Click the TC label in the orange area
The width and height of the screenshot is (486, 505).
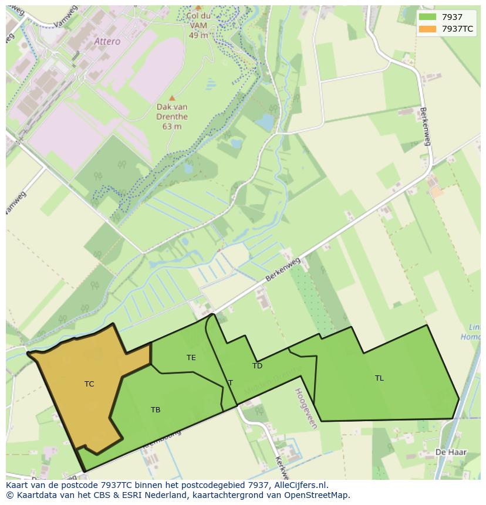(89, 384)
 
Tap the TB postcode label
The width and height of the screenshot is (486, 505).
(156, 410)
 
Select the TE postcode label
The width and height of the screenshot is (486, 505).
(191, 357)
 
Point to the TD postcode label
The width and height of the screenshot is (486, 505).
(257, 366)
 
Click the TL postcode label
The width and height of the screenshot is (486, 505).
(379, 378)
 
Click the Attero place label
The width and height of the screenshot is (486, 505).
(107, 42)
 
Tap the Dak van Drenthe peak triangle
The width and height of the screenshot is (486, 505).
(172, 98)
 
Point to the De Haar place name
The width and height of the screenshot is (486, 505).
(446, 452)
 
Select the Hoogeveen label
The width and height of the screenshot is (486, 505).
(306, 408)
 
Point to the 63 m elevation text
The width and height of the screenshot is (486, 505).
(172, 126)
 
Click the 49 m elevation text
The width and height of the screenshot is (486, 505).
(198, 35)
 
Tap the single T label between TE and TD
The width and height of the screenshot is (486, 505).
(231, 383)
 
